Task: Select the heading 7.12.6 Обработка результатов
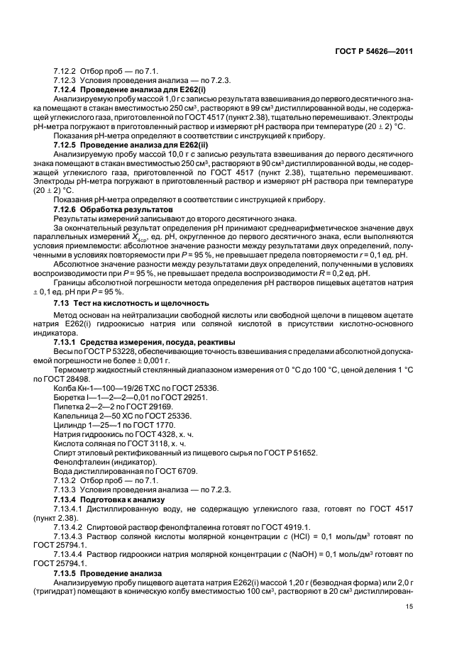[113, 211]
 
